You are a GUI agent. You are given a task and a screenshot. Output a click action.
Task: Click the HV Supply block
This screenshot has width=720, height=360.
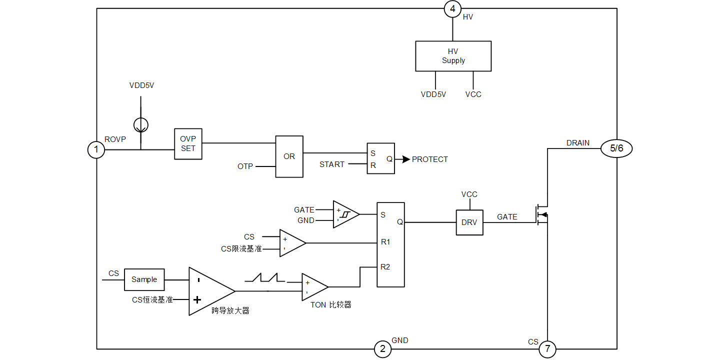point(453,56)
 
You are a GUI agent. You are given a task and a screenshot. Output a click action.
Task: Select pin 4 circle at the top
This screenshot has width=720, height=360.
point(452,9)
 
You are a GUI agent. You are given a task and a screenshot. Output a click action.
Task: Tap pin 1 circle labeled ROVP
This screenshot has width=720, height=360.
point(96,149)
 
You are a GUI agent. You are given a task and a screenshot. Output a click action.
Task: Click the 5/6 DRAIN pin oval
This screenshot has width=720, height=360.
point(616,148)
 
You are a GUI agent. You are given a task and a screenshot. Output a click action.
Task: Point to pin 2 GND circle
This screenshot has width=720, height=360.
point(382,349)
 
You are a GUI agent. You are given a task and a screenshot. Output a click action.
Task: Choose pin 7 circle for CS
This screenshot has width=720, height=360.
point(547,349)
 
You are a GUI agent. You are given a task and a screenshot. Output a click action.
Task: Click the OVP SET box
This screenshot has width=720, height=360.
point(188,144)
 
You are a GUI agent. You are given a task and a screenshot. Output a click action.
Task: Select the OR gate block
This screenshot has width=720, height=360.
point(289,156)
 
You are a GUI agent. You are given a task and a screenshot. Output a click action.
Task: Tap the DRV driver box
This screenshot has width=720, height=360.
point(469,222)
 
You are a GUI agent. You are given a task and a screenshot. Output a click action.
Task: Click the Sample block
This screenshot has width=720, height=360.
point(144,279)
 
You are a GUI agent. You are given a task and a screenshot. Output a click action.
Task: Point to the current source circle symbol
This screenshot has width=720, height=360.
point(140,124)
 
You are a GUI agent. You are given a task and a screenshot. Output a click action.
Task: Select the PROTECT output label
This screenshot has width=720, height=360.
point(429,159)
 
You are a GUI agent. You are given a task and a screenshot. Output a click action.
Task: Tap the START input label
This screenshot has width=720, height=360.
point(331,164)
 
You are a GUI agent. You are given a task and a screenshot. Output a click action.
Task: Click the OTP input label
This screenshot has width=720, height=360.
point(245,166)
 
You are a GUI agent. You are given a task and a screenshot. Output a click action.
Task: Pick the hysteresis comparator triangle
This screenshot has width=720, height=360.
point(345,214)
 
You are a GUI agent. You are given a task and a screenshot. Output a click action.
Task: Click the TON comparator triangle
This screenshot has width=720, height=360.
point(313,287)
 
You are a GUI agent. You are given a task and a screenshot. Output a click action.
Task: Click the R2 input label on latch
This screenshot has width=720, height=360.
point(385,267)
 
